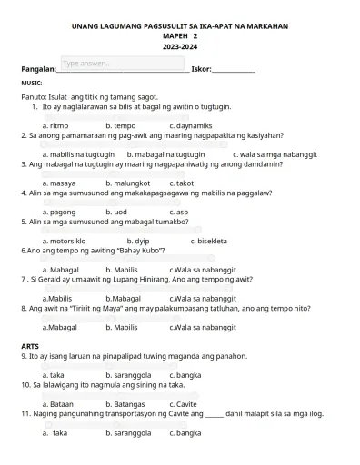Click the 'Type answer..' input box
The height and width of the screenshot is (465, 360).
[122, 64]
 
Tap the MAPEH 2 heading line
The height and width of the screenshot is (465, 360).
[179, 36]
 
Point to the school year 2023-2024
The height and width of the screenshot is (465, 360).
[179, 46]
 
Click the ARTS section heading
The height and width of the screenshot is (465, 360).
[30, 346]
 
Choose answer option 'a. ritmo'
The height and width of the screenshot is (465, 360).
[55, 125]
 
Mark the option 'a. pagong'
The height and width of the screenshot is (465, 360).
[59, 212]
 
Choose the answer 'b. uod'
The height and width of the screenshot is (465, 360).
[115, 212]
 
